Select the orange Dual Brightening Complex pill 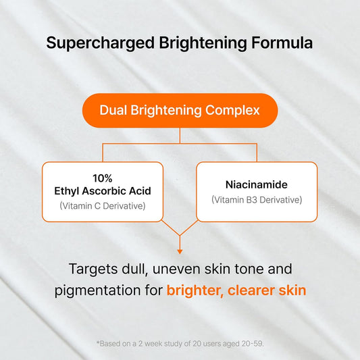(x=180, y=109)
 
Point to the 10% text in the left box (x=103, y=178)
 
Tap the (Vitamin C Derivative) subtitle (x=103, y=205)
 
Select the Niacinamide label (x=256, y=184)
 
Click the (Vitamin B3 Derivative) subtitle (x=256, y=199)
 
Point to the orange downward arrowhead (x=180, y=232)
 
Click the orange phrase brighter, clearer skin (x=236, y=291)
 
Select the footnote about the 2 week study (x=180, y=344)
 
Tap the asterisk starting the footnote (x=99, y=343)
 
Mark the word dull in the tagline (x=137, y=269)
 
